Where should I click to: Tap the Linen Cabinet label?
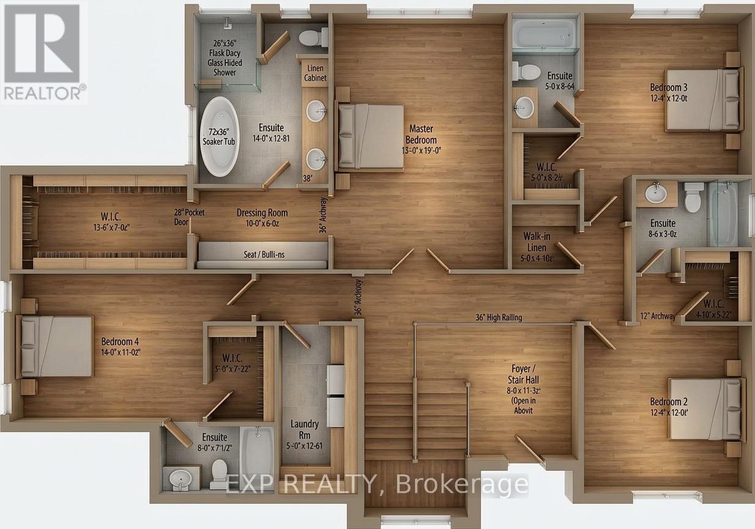[x=315, y=73]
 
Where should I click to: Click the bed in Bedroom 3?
[x=702, y=99]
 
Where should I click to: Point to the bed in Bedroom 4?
[x=56, y=346]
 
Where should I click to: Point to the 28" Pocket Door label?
[x=188, y=217]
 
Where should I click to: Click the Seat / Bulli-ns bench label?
[x=262, y=253]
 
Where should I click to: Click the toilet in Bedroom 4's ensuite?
[x=219, y=472]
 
